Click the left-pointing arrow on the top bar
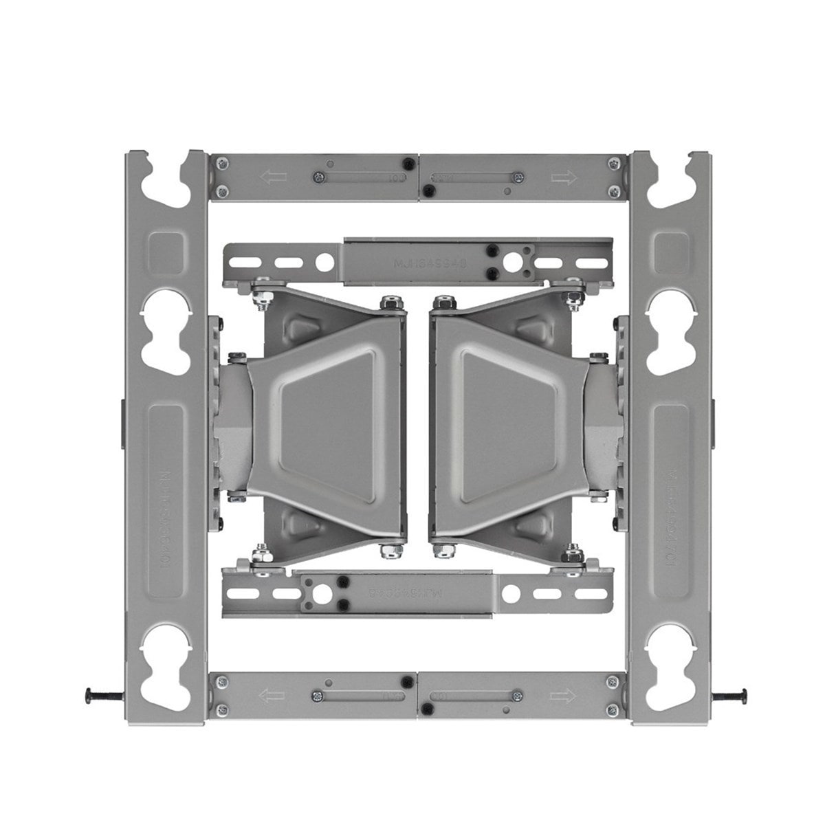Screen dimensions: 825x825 pyautogui.click(x=274, y=177)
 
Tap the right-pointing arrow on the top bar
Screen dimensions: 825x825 pyautogui.click(x=563, y=178)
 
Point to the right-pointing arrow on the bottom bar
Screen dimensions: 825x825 pyautogui.click(x=563, y=696)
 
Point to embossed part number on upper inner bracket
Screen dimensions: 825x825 pyautogui.click(x=421, y=262)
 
